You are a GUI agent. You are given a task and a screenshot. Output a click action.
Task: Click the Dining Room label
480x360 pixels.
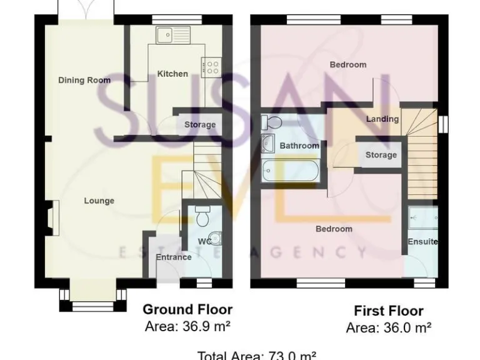[84, 80]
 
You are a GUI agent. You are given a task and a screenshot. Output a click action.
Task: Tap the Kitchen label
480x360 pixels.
[172, 74]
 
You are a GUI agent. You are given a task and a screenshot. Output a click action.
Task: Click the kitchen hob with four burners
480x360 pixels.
[211, 65]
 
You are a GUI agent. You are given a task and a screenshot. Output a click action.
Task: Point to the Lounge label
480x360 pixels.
[99, 201]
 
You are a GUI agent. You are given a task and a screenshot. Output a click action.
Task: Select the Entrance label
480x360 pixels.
[173, 257]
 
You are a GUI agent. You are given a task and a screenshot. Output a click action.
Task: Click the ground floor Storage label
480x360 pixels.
[199, 125]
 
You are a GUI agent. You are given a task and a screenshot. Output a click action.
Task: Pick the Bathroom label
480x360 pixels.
[299, 146]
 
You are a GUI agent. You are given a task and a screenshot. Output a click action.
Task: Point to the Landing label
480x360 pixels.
[382, 119]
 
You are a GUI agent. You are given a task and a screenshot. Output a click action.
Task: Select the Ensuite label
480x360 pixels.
[422, 242]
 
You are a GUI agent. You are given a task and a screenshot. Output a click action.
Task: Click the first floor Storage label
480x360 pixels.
[381, 154]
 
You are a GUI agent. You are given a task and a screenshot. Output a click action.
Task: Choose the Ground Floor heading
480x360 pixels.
[187, 309]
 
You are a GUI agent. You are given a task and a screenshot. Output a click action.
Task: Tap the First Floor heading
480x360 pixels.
[388, 311]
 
